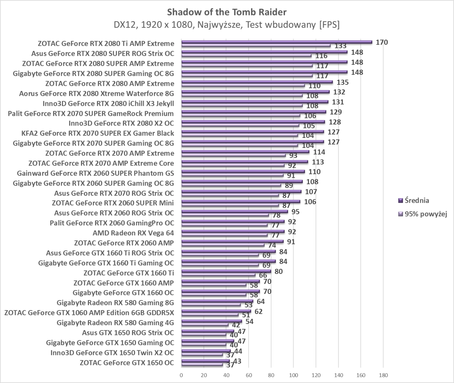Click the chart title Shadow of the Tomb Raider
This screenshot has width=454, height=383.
227,12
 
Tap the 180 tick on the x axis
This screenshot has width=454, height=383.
383,376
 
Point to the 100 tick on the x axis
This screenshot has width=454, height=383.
293,376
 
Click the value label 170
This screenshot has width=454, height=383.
382,42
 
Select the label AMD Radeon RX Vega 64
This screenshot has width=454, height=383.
133,233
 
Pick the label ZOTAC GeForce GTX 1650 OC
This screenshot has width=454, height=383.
126,363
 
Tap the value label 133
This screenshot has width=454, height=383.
340,46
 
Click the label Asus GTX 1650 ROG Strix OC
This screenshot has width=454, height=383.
128,332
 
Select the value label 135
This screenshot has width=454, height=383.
342,82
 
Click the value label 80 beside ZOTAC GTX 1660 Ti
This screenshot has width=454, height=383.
278,271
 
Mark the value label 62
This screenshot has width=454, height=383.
258,311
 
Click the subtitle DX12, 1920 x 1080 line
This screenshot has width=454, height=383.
227,25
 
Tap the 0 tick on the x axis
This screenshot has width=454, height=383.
181,376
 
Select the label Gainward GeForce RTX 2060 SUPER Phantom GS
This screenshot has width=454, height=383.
95,173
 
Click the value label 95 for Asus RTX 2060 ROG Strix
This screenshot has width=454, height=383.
295,212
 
